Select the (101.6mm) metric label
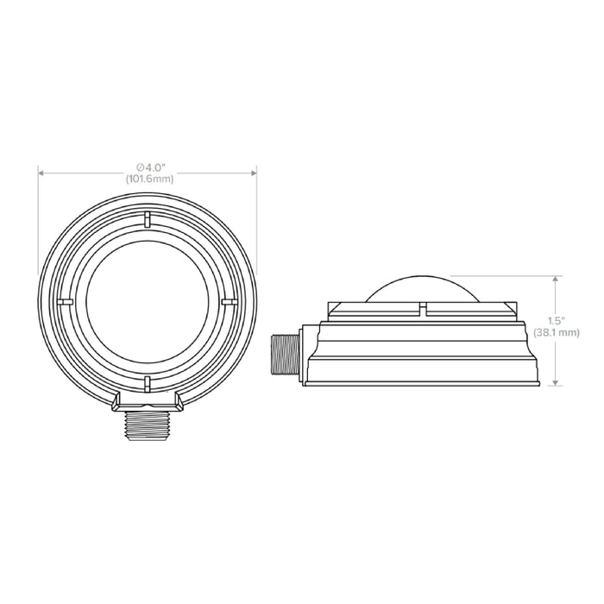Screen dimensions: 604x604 coord(147,179)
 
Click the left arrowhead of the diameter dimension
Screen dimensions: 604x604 coord(41,173)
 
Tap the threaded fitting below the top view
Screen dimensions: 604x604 coord(147,424)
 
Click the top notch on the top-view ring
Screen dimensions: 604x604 coord(147,219)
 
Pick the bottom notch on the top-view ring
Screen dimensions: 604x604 coord(147,381)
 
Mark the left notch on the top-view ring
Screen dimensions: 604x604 coord(64,301)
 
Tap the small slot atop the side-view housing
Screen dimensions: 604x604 coord(422,308)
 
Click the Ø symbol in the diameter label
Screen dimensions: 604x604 coord(140,167)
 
